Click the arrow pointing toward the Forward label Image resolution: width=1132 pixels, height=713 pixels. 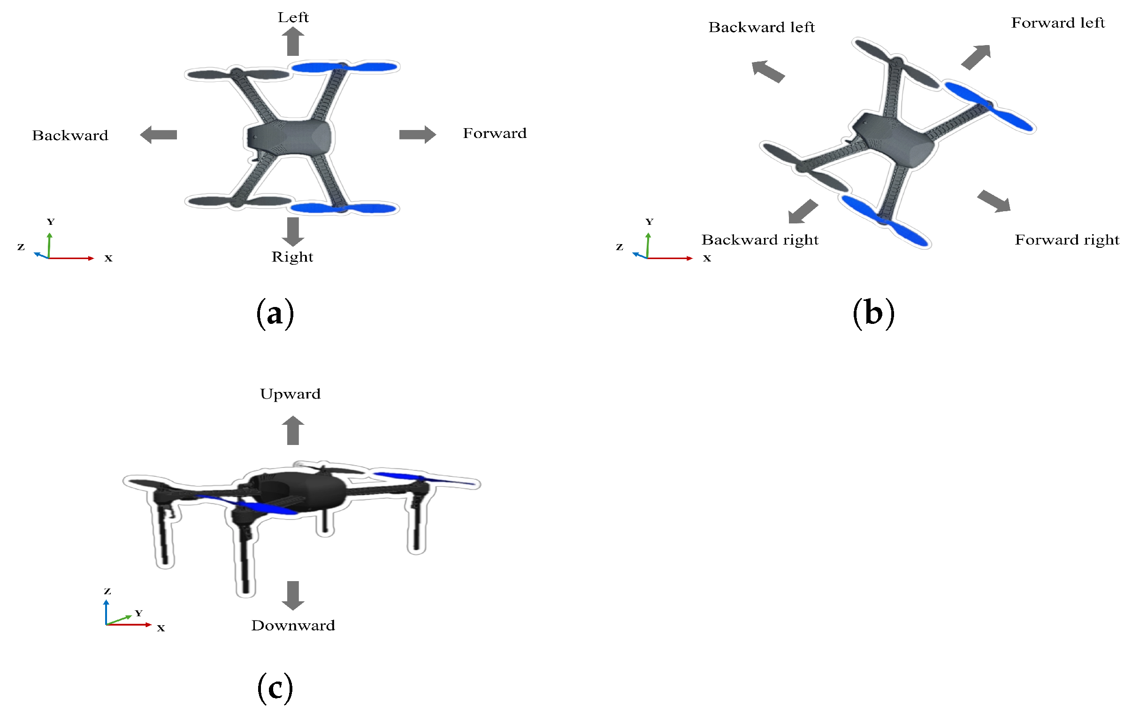pyautogui.click(x=417, y=135)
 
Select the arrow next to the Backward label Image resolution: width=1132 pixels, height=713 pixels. pyautogui.click(x=159, y=135)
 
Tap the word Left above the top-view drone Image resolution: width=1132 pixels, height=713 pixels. pyautogui.click(x=293, y=17)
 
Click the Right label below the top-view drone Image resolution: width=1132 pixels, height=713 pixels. pyautogui.click(x=292, y=257)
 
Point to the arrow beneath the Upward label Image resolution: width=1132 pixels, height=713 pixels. pyautogui.click(x=293, y=430)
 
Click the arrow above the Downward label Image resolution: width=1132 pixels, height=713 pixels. pyautogui.click(x=293, y=596)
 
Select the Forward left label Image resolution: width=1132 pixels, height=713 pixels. pyautogui.click(x=1058, y=23)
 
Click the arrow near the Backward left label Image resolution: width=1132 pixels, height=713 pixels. pyautogui.click(x=768, y=71)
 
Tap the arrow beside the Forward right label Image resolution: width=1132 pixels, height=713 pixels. pyautogui.click(x=994, y=201)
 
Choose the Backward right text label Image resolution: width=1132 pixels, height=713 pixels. pyautogui.click(x=760, y=240)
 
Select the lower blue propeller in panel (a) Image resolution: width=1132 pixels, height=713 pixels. pyautogui.click(x=344, y=208)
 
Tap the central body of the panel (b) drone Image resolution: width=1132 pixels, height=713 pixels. pyautogui.click(x=893, y=139)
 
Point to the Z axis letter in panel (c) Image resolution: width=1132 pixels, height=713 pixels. pyautogui.click(x=107, y=591)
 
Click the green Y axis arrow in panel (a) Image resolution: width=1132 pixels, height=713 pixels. pyautogui.click(x=49, y=245)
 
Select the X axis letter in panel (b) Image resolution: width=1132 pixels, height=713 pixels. pyautogui.click(x=706, y=258)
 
